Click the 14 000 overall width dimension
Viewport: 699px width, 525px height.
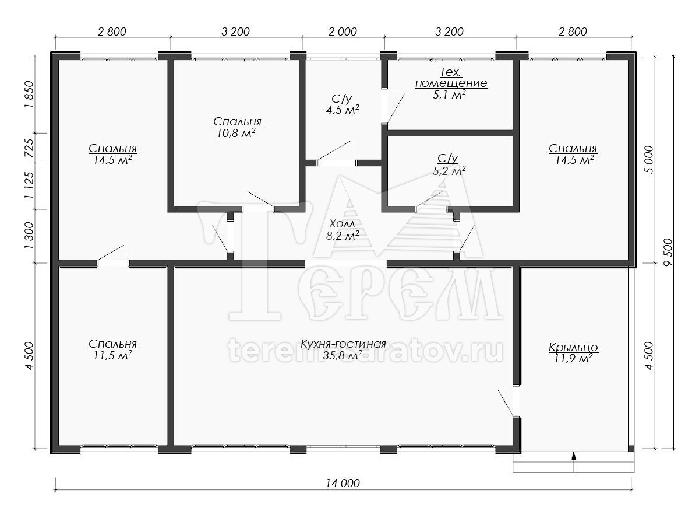[343, 483]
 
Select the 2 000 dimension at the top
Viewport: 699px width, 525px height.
[343, 32]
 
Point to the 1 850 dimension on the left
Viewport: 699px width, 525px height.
[29, 94]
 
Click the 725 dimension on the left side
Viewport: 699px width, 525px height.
[29, 148]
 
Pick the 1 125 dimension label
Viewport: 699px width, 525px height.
[29, 186]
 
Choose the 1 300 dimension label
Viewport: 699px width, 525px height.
[29, 236]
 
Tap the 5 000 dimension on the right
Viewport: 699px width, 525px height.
[649, 160]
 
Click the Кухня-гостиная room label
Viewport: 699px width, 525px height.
[343, 344]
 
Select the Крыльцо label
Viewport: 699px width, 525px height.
[573, 347]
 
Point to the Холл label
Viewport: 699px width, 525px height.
[342, 224]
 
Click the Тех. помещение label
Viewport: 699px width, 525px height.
[451, 78]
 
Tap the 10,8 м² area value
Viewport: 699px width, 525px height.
[236, 133]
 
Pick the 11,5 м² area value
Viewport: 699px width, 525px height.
[113, 355]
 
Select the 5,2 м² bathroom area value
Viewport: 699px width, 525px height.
[449, 171]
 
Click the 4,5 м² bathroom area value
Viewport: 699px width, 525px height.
[343, 110]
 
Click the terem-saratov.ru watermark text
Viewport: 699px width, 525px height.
[366, 351]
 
